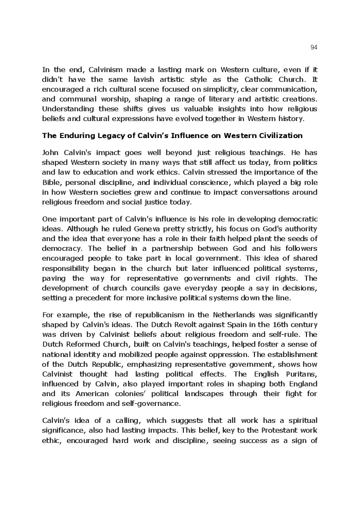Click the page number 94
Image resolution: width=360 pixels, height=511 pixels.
(314, 47)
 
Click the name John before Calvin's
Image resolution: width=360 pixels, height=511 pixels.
(51, 153)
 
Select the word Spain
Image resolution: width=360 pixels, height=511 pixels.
(207, 325)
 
